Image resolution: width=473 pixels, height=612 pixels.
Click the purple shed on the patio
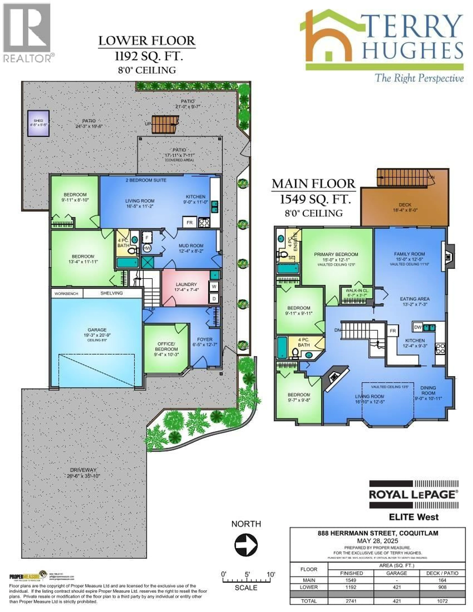[38, 123]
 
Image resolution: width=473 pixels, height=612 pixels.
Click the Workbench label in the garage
[66, 294]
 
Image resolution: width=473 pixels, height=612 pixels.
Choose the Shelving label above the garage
[111, 293]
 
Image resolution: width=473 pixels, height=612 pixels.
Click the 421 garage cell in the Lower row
[397, 587]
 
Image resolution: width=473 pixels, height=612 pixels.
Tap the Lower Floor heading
[147, 41]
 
